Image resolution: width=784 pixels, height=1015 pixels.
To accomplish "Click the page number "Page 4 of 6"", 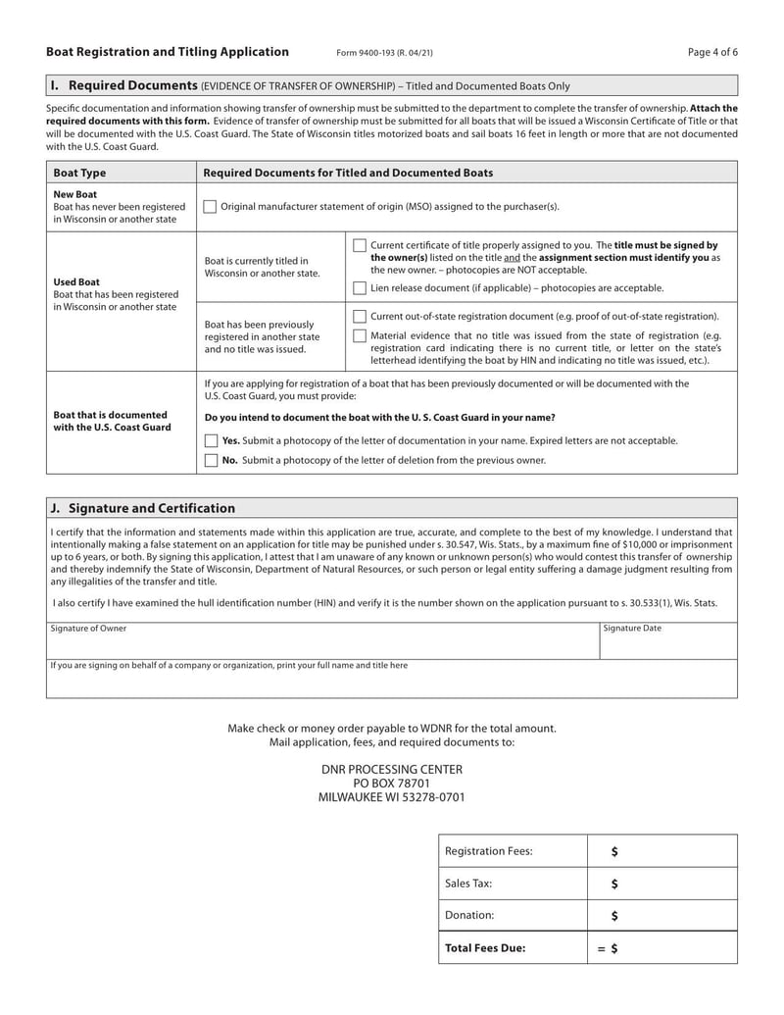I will pyautogui.click(x=712, y=52).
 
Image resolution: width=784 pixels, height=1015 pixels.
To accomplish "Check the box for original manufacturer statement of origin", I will pyautogui.click(x=210, y=207).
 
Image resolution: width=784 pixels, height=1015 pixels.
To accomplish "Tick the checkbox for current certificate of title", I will pyautogui.click(x=360, y=246).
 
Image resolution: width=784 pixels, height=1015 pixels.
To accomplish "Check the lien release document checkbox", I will pyautogui.click(x=360, y=288).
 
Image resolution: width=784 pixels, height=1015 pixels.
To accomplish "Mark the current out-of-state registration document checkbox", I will pyautogui.click(x=360, y=317).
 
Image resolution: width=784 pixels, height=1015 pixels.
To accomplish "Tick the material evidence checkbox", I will pyautogui.click(x=360, y=336).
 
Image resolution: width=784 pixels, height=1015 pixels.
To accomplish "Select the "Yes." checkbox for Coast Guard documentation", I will pyautogui.click(x=211, y=441).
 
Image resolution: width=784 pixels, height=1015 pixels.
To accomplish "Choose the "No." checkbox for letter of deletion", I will pyautogui.click(x=211, y=460).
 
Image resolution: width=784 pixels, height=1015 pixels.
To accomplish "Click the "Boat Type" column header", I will pyautogui.click(x=79, y=173).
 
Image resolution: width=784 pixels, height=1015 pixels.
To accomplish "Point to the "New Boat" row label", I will pyautogui.click(x=76, y=194).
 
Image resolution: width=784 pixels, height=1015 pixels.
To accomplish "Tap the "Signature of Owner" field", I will pyautogui.click(x=323, y=642).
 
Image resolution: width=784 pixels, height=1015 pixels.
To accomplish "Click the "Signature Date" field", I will pyautogui.click(x=667, y=642).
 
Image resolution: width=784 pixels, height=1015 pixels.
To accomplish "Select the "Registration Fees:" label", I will pyautogui.click(x=488, y=851).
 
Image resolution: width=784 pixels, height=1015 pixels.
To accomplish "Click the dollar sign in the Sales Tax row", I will pyautogui.click(x=614, y=884).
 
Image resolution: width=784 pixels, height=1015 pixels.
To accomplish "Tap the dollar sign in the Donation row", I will pyautogui.click(x=614, y=916).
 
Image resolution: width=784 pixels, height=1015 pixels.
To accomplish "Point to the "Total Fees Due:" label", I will pyautogui.click(x=485, y=948).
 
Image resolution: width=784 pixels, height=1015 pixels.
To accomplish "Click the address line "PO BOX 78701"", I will pyautogui.click(x=392, y=784).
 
